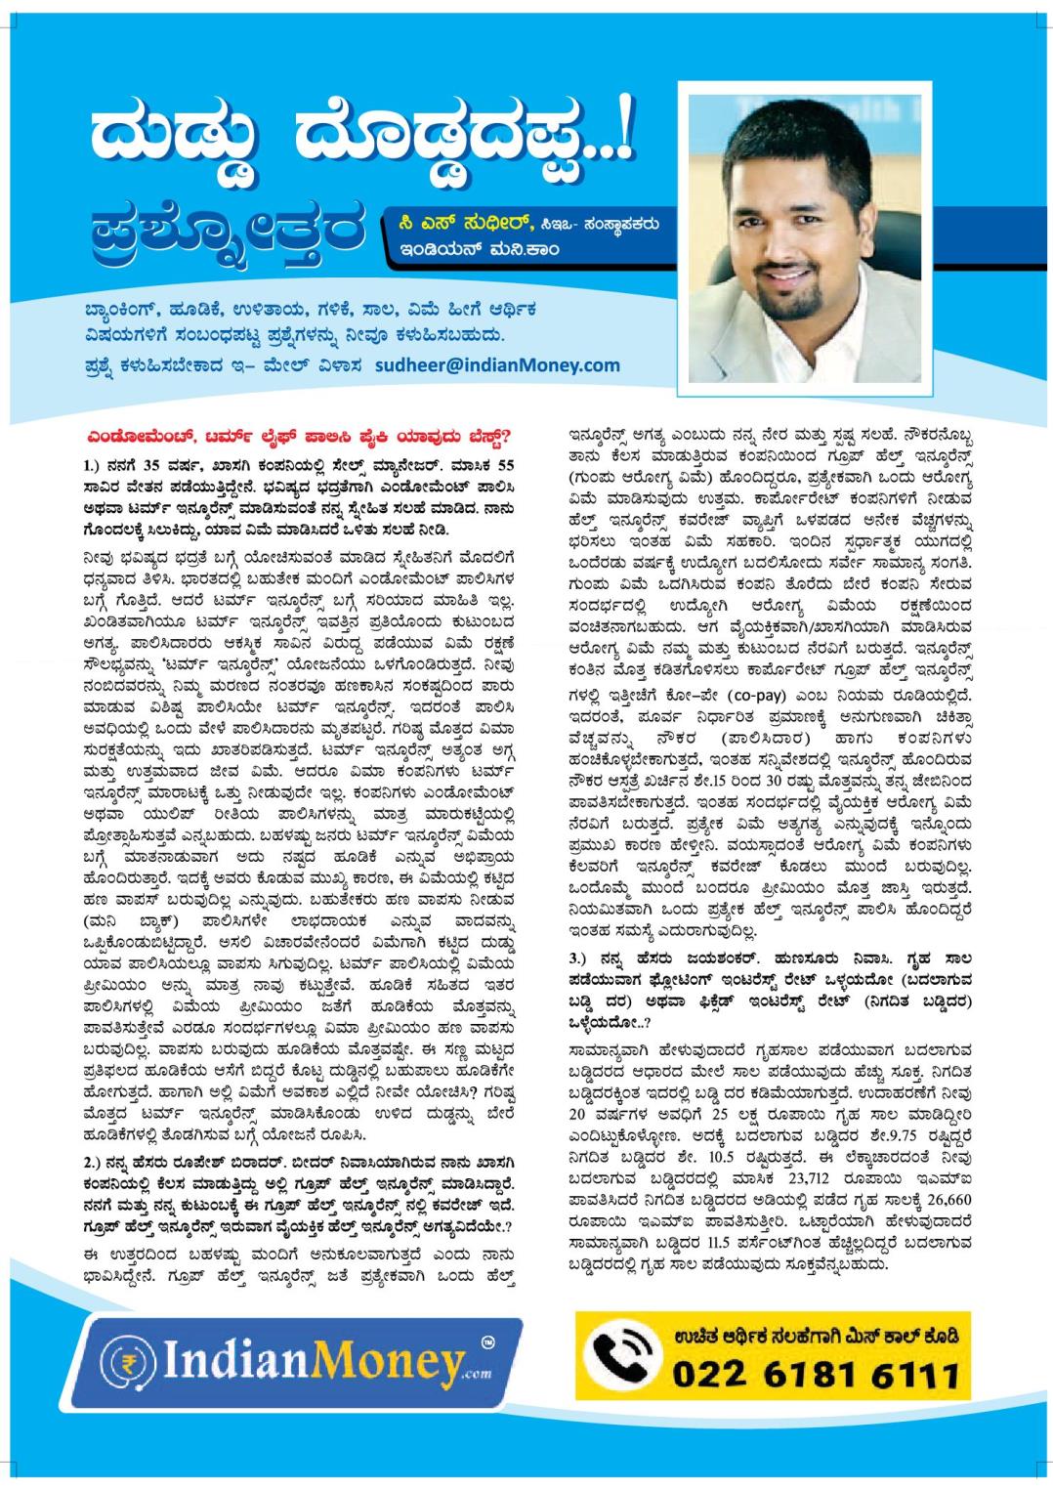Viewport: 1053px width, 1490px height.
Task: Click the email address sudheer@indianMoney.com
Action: click(x=509, y=364)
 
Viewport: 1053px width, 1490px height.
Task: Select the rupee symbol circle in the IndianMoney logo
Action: click(x=127, y=1362)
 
